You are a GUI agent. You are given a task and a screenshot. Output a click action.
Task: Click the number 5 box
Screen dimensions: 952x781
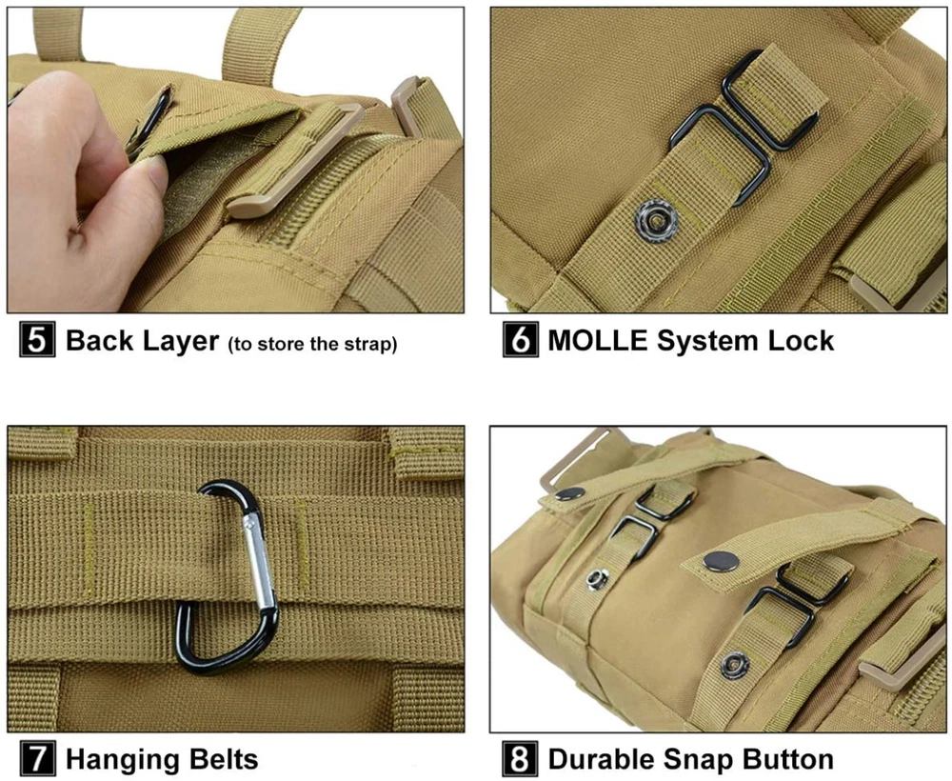click(x=37, y=339)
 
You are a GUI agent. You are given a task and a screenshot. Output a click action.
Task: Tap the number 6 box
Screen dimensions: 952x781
click(x=521, y=339)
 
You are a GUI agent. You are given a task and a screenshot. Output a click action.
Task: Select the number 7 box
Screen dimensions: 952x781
click(x=37, y=758)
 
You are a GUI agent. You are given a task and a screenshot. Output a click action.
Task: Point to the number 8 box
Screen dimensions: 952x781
click(x=521, y=758)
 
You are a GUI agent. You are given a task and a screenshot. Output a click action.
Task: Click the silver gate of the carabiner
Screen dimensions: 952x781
click(x=259, y=560)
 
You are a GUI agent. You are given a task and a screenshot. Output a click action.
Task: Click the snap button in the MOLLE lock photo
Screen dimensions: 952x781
click(x=656, y=219)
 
